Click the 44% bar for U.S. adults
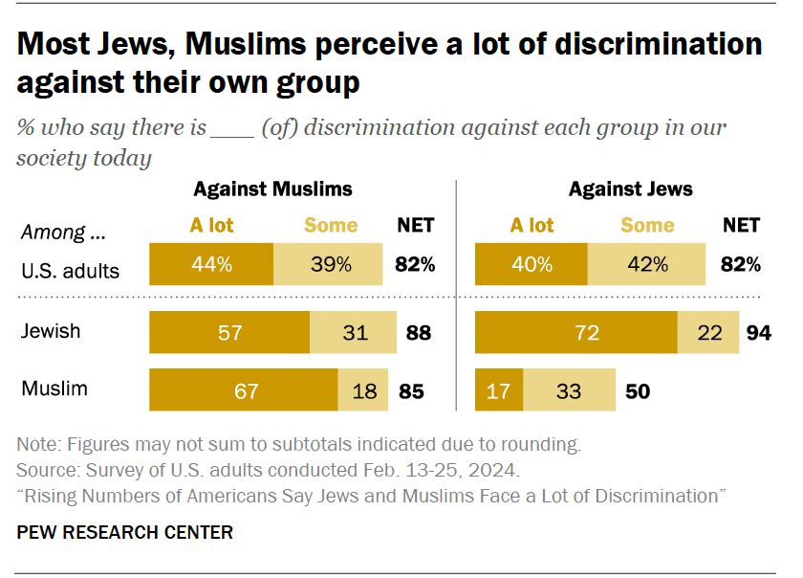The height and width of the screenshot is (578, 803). (211, 265)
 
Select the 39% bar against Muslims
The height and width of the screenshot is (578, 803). (328, 265)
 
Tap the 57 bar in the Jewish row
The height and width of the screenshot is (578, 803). (229, 333)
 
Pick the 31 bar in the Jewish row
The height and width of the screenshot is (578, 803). (353, 333)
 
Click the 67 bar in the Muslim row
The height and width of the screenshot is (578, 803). (243, 389)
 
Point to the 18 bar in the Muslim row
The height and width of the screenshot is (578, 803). (362, 389)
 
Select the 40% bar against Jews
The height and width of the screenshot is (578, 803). (532, 265)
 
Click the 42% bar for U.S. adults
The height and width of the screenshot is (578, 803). (647, 265)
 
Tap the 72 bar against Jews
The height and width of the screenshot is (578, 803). (576, 333)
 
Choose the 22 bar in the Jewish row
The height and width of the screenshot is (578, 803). (708, 333)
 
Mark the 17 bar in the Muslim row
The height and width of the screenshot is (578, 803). (499, 389)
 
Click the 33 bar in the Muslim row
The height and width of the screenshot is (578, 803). (569, 389)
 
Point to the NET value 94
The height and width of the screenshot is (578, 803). (758, 333)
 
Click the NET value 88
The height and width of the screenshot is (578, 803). (418, 333)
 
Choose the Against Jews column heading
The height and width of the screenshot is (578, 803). (630, 189)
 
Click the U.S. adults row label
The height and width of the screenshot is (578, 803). (71, 271)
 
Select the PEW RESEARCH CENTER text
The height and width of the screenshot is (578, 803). (124, 532)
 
